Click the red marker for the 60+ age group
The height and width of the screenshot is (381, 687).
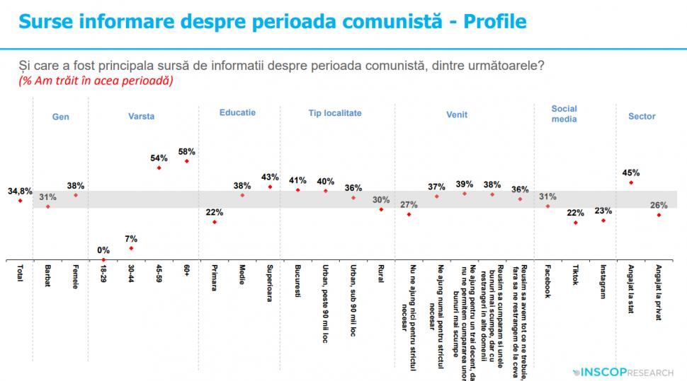[x=187, y=161]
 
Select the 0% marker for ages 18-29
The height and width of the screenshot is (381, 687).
[x=103, y=259]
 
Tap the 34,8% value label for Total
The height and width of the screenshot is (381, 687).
[x=20, y=191]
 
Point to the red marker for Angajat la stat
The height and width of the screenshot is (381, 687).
[x=631, y=182]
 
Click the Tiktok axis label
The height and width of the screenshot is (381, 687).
[x=575, y=276]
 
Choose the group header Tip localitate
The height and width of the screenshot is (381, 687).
[x=335, y=113]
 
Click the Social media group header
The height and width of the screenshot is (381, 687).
[x=564, y=114]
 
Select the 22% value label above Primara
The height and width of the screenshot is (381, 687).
[x=215, y=212]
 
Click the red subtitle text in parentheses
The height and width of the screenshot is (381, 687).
[x=96, y=81]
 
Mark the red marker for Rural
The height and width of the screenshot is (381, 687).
[x=381, y=209]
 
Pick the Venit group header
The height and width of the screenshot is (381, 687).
[x=456, y=114]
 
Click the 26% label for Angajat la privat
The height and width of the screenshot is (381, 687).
[x=659, y=205]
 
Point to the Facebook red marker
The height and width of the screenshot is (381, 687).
[x=547, y=206]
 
